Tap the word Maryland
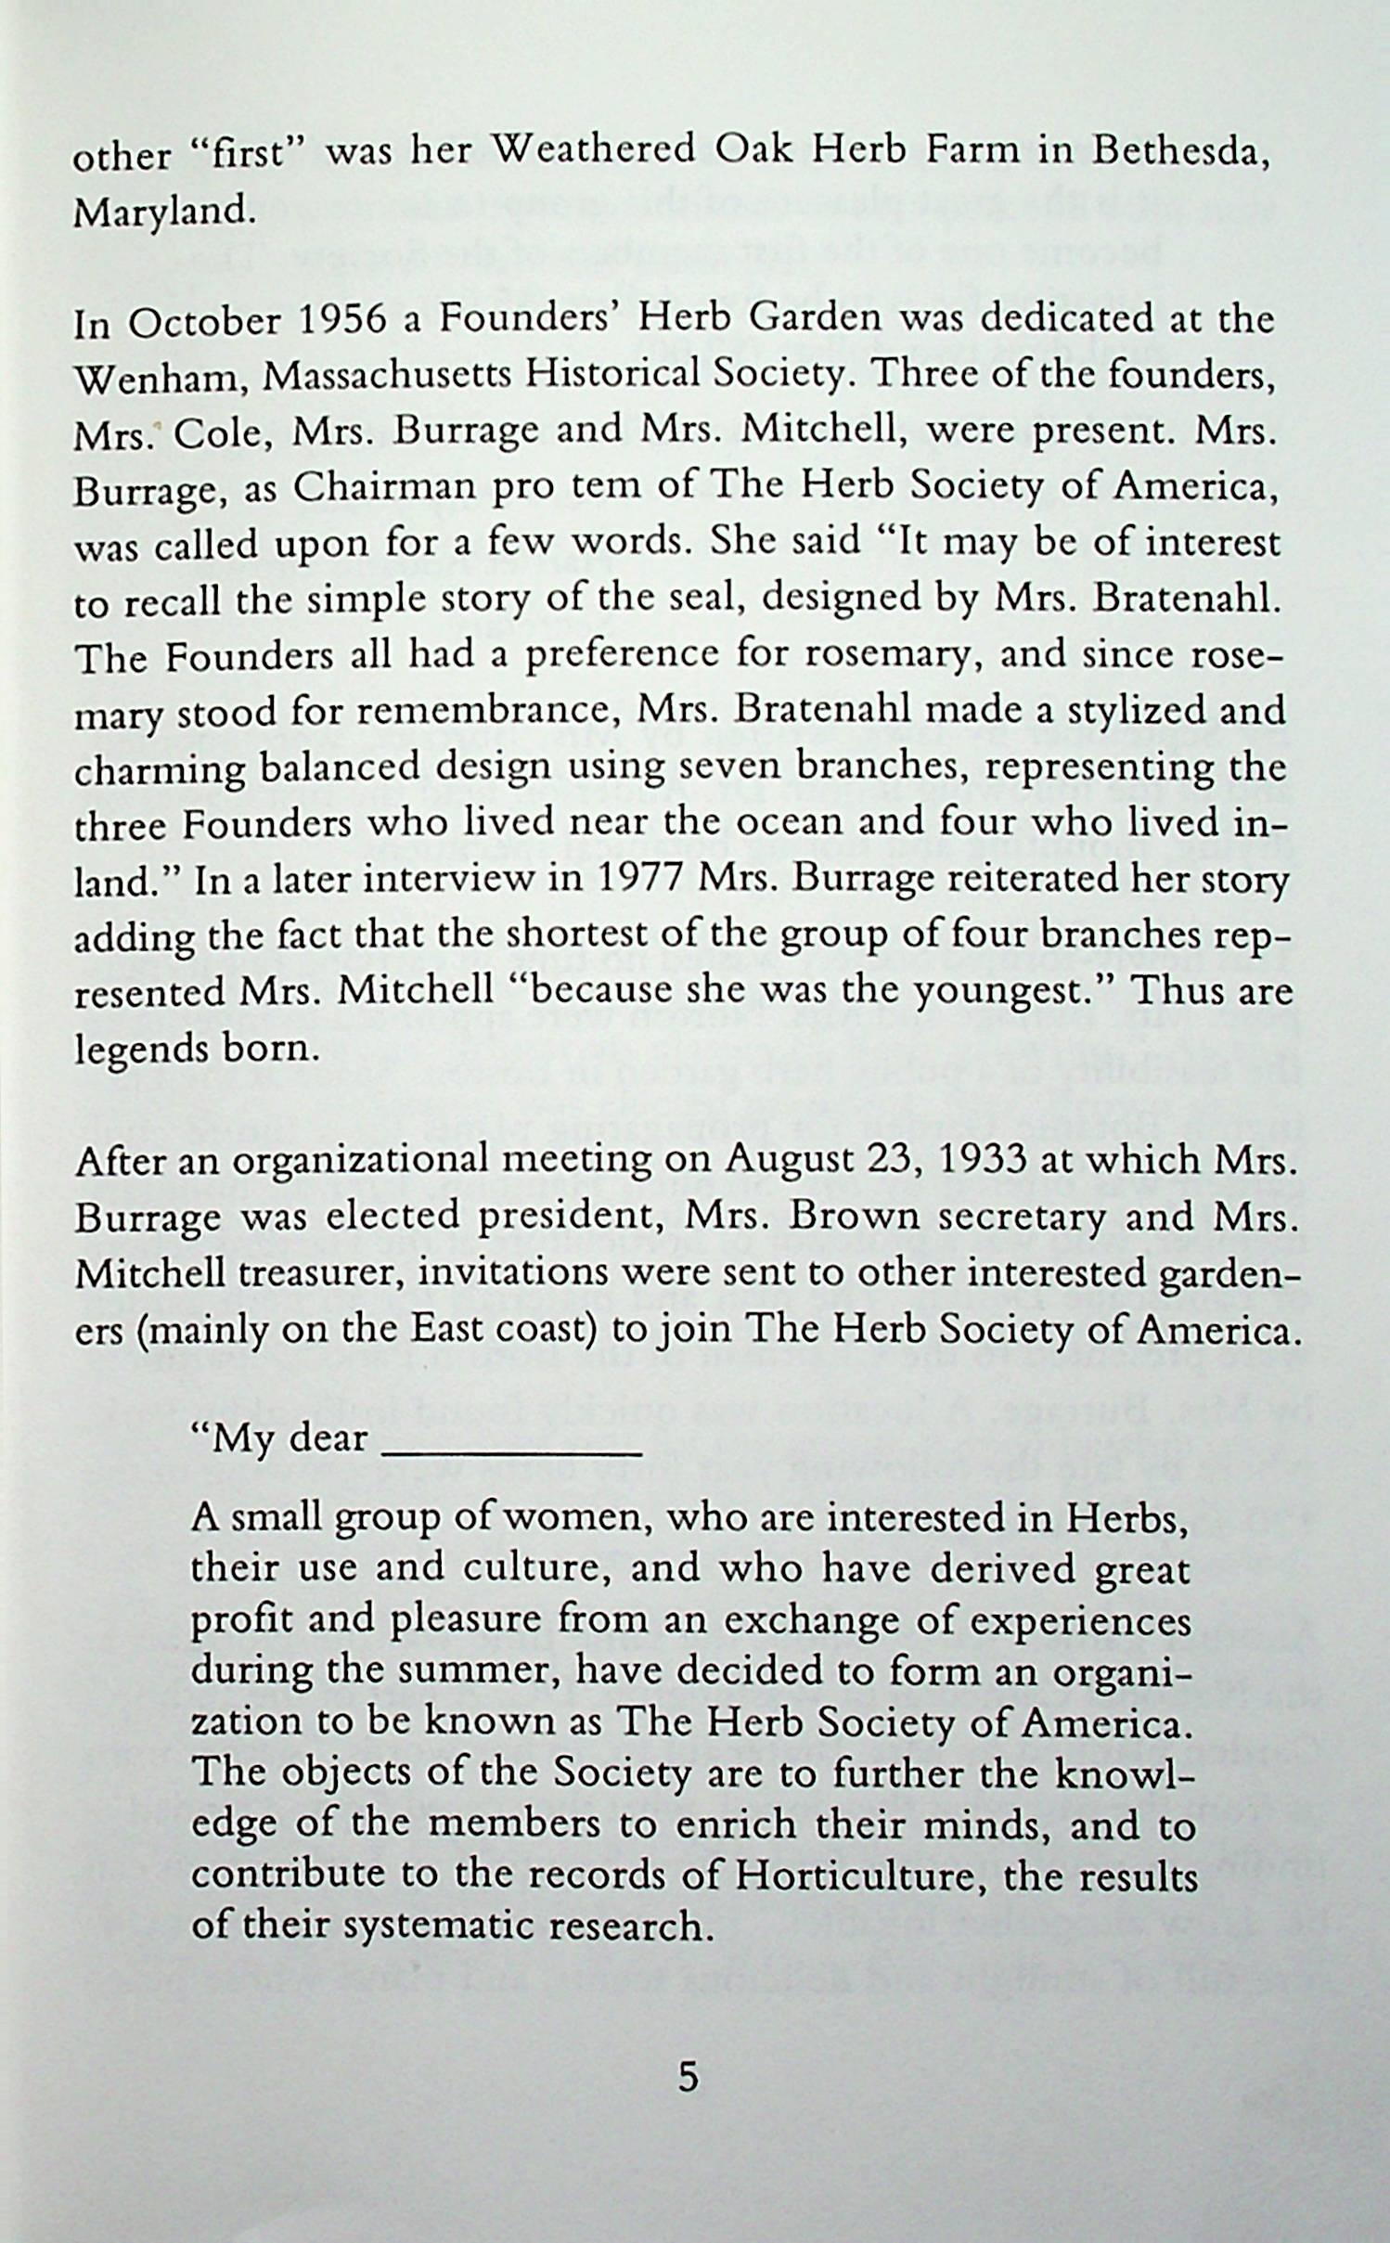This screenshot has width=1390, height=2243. [x=162, y=213]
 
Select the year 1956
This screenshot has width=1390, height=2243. [x=341, y=321]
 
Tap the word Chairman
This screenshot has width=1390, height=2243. [x=391, y=489]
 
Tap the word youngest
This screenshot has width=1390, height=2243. [x=1011, y=992]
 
